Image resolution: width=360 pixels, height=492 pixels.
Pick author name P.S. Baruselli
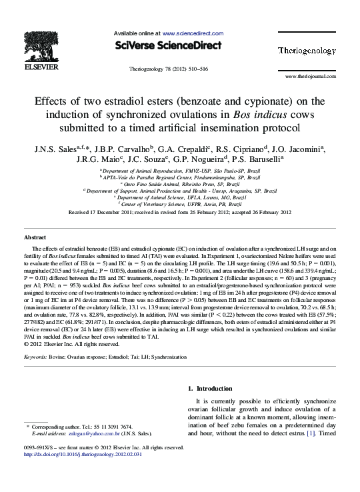(x=257, y=160)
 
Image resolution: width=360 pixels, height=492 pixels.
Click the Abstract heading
(x=35, y=237)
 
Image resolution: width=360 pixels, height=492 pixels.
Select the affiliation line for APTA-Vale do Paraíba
(x=180, y=177)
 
